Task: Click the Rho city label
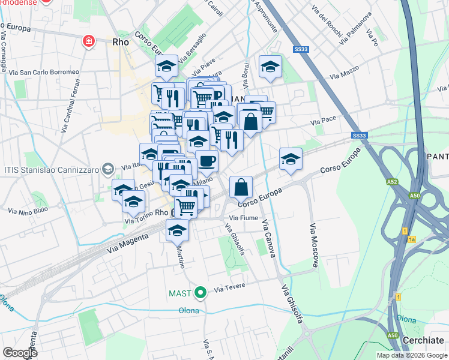tap(121, 43)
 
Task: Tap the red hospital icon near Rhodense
tap(88, 41)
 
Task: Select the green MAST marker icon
tap(200, 293)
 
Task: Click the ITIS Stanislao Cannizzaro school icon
tap(107, 169)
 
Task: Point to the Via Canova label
tap(268, 239)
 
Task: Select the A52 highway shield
tap(392, 180)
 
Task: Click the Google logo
tap(20, 353)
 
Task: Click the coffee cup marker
tap(207, 161)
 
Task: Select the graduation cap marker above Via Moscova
tap(291, 159)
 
